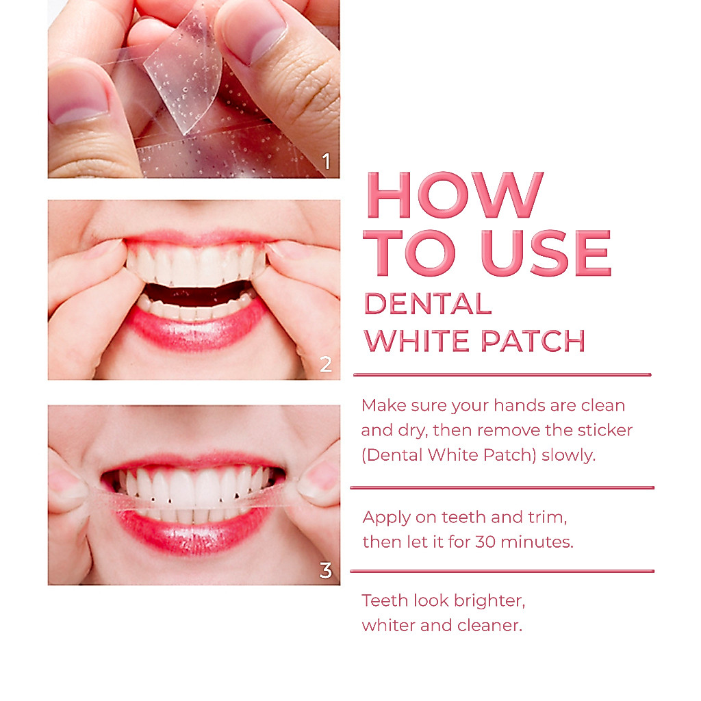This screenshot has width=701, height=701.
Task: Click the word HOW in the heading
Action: click(455, 195)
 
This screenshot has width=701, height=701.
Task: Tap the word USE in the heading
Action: click(546, 253)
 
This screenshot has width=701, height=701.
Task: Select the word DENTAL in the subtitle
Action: click(428, 304)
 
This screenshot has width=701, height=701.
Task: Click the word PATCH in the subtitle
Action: click(533, 341)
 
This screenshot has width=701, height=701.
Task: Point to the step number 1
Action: click(327, 162)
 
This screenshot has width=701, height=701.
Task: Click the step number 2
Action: click(326, 364)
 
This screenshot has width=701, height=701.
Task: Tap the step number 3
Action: click(325, 570)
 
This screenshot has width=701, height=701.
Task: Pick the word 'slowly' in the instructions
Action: click(568, 455)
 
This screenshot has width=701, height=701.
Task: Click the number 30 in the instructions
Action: click(485, 542)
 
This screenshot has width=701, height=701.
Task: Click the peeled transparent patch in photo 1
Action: click(184, 71)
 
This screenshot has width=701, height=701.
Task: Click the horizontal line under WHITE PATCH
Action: click(502, 374)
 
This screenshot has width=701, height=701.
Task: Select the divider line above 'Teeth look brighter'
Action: click(502, 571)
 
